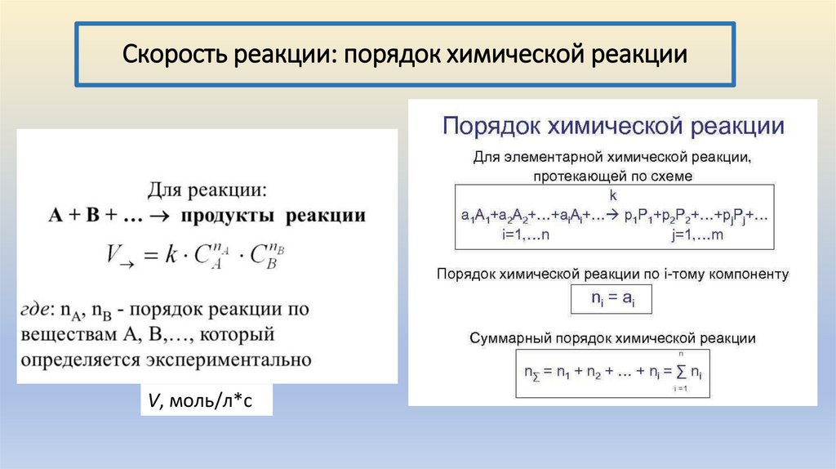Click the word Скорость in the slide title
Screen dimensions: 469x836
click(x=174, y=55)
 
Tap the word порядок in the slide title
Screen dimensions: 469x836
click(x=393, y=55)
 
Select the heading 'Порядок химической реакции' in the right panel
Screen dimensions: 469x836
click(x=613, y=127)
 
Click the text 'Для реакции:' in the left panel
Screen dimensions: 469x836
click(x=207, y=191)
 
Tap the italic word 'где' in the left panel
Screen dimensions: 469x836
click(x=36, y=310)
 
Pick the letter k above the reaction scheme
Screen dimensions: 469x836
click(x=613, y=196)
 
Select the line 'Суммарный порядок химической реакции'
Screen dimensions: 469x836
click(x=613, y=337)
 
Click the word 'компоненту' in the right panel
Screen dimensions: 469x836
click(x=749, y=275)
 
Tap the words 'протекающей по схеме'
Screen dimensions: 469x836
click(x=613, y=176)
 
